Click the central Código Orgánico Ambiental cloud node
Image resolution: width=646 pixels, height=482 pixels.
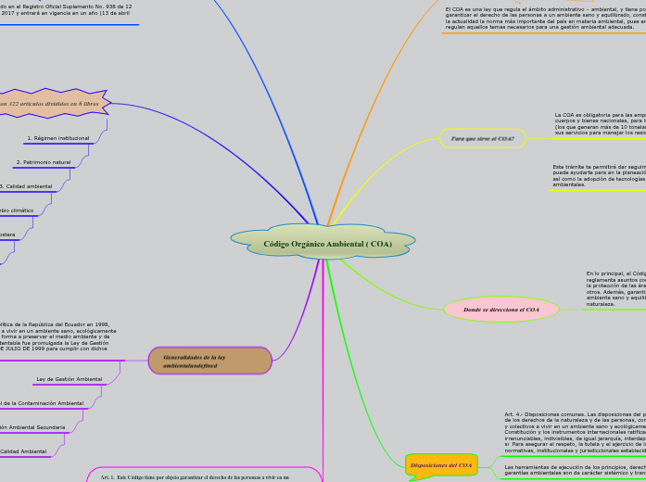coord(323,243)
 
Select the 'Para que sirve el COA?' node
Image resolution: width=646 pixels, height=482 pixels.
coord(482,138)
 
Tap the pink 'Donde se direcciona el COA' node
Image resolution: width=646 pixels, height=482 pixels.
coord(501,310)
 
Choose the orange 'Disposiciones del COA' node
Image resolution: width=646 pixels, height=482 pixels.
coord(442,465)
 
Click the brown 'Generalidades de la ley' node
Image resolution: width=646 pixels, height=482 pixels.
coord(209,361)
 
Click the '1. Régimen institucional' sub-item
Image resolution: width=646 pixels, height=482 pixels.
coord(58,138)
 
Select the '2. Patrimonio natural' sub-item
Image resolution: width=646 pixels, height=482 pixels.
coord(44,162)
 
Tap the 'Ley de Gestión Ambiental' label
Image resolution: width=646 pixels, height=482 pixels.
coord(70,379)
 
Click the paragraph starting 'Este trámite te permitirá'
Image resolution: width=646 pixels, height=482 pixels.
coord(599,175)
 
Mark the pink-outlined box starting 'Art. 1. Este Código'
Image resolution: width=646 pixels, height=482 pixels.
coord(204,476)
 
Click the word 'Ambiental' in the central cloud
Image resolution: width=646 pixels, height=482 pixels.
coord(341,244)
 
